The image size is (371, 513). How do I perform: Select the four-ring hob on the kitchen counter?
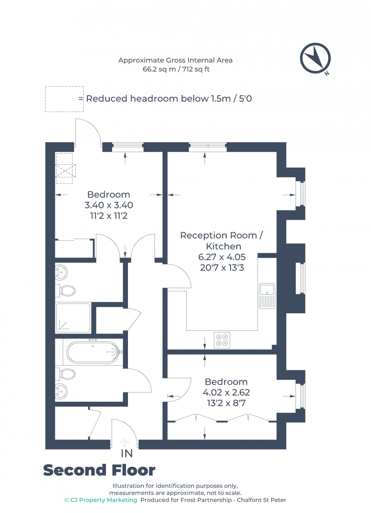coord(222,340)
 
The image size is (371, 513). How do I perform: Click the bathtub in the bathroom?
coord(93,352)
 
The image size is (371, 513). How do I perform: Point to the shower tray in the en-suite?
coord(73,318)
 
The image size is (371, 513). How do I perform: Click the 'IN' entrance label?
coord(127,453)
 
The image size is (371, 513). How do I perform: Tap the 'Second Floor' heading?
coord(99,470)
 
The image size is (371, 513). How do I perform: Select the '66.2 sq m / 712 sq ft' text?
coord(176,69)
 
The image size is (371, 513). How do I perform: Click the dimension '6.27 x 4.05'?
coord(222,257)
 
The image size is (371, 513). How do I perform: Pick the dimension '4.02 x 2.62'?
coord(226,392)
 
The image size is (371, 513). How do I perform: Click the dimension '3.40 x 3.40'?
coord(109,205)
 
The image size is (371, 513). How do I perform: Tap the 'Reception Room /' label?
coord(221,235)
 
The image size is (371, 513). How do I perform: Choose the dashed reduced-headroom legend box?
coord(64,99)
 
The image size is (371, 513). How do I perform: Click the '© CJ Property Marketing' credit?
coord(101,500)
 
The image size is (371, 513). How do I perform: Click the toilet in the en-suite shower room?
coord(67,291)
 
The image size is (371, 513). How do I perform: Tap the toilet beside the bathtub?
coord(67,374)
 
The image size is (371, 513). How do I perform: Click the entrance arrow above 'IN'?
coord(125,442)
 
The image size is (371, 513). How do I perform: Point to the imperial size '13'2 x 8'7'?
coord(226,403)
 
